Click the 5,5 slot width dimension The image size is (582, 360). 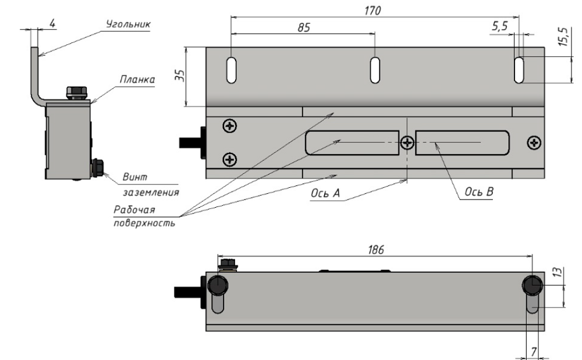click(x=499, y=26)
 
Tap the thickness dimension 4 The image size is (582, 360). click(x=52, y=24)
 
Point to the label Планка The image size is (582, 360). click(x=137, y=80)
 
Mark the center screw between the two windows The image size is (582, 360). click(x=407, y=142)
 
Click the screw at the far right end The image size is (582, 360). click(x=534, y=142)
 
